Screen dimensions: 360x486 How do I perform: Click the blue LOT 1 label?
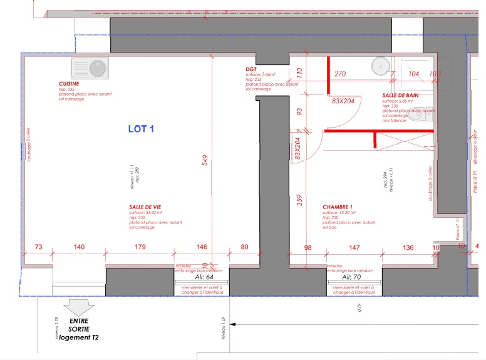pyautogui.click(x=141, y=130)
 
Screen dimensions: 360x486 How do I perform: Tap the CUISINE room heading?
pyautogui.click(x=69, y=83)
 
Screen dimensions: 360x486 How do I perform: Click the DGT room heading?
pyautogui.click(x=251, y=69)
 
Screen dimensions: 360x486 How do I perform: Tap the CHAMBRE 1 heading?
pyautogui.click(x=338, y=207)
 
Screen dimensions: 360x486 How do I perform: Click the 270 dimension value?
pyautogui.click(x=340, y=74)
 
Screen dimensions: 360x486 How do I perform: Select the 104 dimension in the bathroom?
pyautogui.click(x=413, y=74)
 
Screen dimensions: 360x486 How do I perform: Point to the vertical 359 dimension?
pyautogui.click(x=299, y=200)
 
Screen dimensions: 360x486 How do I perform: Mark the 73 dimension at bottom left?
pyautogui.click(x=39, y=247)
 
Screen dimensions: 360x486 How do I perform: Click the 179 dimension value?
pyautogui.click(x=140, y=247)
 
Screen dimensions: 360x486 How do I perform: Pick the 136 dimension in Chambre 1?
pyautogui.click(x=408, y=247)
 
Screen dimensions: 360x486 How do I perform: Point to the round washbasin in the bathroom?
pyautogui.click(x=380, y=65)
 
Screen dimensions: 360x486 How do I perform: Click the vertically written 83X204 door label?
pyautogui.click(x=297, y=150)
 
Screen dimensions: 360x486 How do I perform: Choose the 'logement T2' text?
pyautogui.click(x=75, y=337)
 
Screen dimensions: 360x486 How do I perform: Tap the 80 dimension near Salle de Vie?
pyautogui.click(x=244, y=247)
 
